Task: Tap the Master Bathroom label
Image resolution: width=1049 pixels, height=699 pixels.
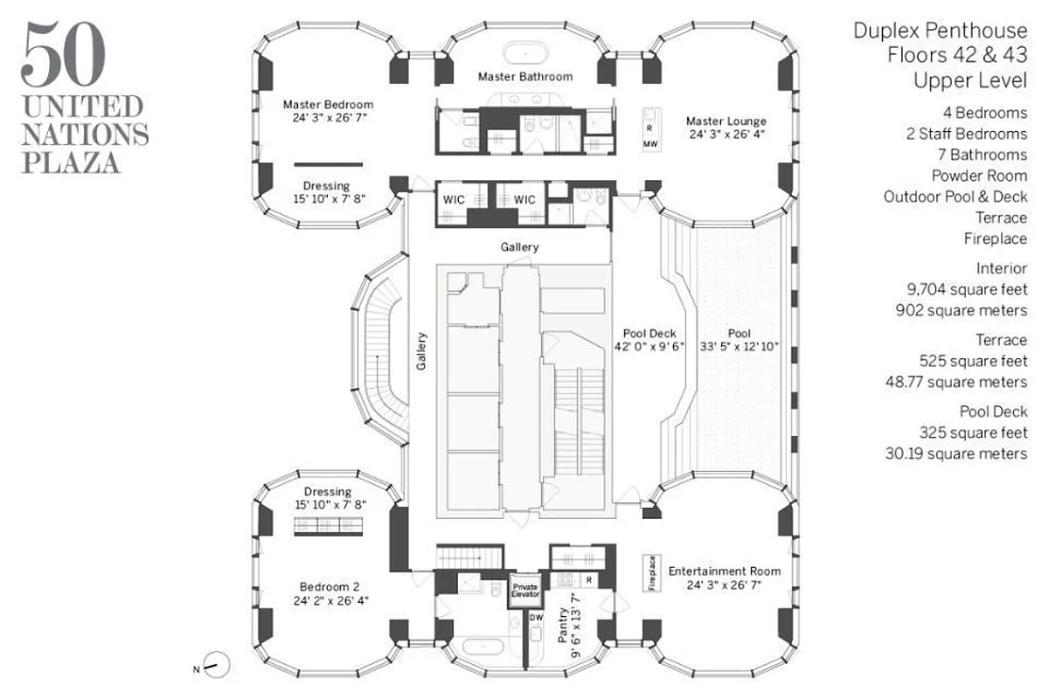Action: [x=525, y=77]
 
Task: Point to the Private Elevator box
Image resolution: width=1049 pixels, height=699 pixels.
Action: [x=526, y=590]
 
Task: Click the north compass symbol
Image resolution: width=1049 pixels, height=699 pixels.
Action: [x=217, y=666]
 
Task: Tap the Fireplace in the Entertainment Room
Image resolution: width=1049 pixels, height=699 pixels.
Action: [x=651, y=573]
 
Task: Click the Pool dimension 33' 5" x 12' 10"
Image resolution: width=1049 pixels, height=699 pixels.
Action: [x=740, y=348]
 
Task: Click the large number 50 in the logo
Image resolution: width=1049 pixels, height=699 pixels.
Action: [x=64, y=54]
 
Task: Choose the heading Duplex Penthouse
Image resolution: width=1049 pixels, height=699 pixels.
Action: [x=941, y=31]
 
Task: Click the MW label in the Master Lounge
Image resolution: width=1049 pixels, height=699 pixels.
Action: [x=650, y=143]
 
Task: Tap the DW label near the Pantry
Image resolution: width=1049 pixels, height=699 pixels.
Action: [x=537, y=618]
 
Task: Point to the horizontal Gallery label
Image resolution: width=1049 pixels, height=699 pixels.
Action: [x=519, y=247]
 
